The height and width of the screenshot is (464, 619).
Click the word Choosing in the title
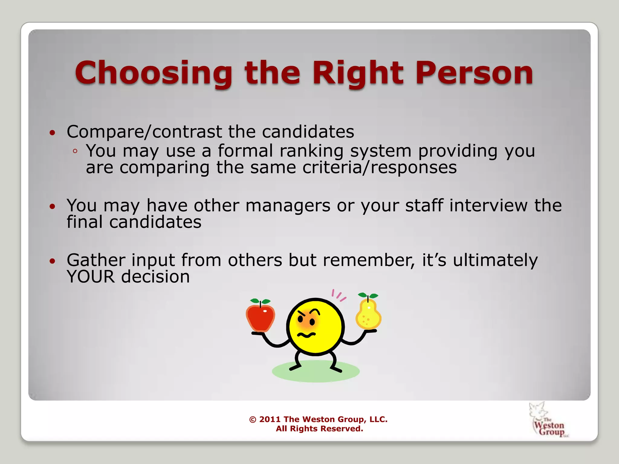point(154,73)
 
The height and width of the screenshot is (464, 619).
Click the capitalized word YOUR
point(91,277)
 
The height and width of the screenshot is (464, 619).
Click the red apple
point(260,317)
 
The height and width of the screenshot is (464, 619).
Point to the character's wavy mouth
point(306,335)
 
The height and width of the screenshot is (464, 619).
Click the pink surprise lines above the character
point(339,295)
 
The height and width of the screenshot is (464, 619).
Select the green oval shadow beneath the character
point(316,375)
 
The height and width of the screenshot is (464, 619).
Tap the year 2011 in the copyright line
point(270,419)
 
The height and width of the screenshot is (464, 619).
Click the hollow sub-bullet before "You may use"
point(75,151)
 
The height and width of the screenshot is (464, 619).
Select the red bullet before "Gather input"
point(53,261)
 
